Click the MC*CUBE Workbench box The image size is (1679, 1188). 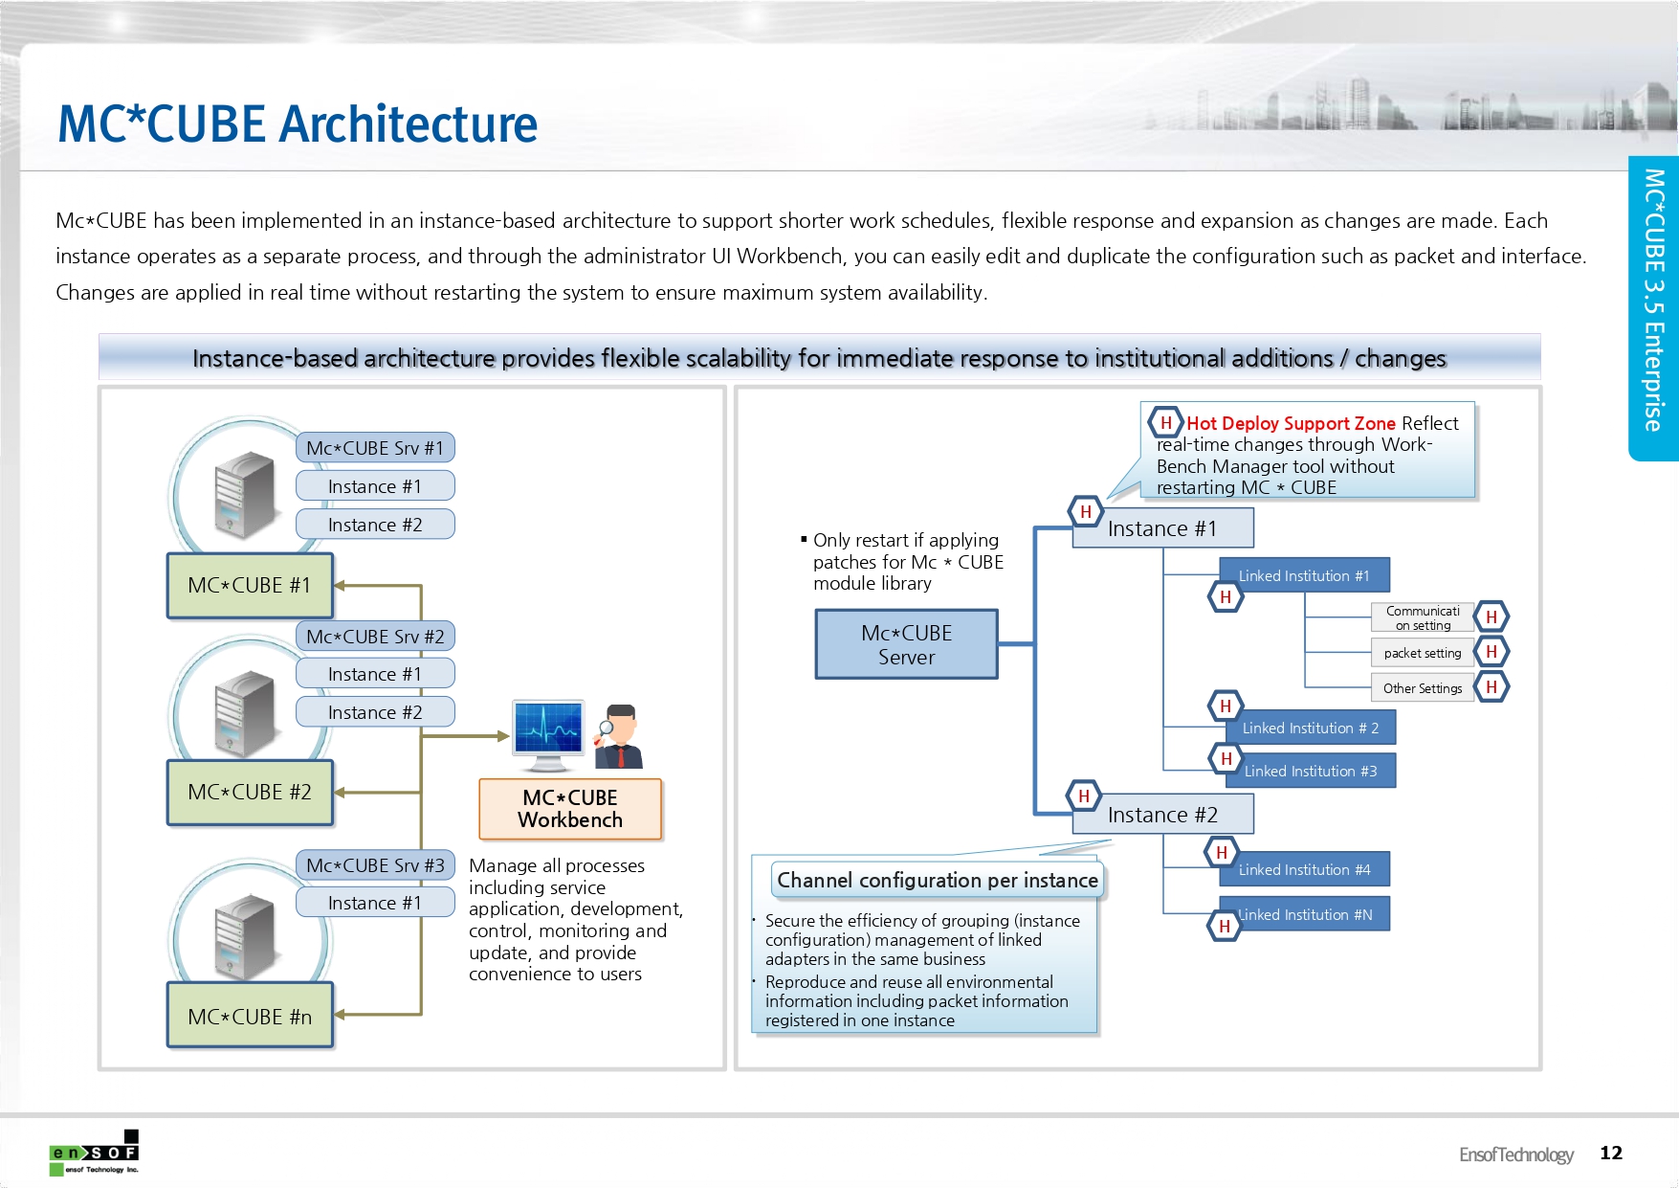[x=570, y=809]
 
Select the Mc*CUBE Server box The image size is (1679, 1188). [x=906, y=644]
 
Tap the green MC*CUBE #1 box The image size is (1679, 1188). [x=250, y=585]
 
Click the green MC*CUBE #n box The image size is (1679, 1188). [x=250, y=1016]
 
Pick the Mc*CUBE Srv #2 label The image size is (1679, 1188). [x=375, y=637]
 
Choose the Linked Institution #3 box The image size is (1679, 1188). [x=1310, y=771]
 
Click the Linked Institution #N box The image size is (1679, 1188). [x=1305, y=914]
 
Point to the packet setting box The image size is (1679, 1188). [x=1422, y=653]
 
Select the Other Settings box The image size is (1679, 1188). [x=1422, y=688]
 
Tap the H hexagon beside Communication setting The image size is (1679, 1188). [x=1491, y=617]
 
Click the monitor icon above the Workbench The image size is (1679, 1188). [x=548, y=732]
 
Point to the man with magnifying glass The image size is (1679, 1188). [x=619, y=736]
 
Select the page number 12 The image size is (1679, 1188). [x=1611, y=1153]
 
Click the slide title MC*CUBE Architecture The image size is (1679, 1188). [x=298, y=124]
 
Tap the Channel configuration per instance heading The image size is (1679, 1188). [x=937, y=880]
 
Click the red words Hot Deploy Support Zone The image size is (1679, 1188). [x=1291, y=423]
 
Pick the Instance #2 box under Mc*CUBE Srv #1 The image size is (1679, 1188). [x=375, y=525]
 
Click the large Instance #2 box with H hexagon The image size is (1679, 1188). [x=1162, y=815]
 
